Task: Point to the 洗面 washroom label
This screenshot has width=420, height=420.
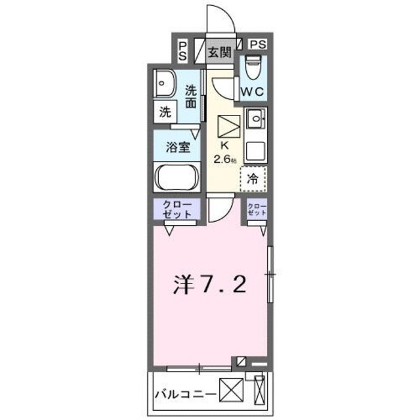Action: point(191,97)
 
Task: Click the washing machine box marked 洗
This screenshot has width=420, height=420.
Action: point(165,112)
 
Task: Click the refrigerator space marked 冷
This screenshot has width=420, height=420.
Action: point(253,177)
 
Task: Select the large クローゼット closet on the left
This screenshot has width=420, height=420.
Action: point(177,210)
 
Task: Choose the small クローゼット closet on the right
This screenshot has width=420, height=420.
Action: point(257,210)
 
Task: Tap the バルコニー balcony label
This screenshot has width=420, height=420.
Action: point(182,395)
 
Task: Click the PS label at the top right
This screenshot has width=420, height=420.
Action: point(258,45)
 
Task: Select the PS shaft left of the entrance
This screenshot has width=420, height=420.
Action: point(182,51)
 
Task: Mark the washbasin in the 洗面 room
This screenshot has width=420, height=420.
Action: point(163,83)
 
